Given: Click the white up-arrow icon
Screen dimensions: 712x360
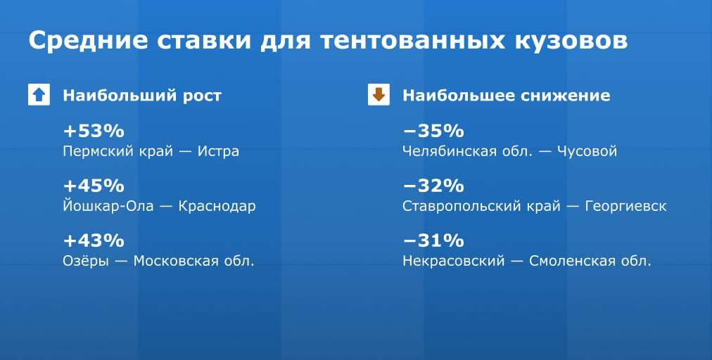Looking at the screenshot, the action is click(x=39, y=95).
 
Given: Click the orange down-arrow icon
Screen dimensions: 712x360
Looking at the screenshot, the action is click(x=379, y=95).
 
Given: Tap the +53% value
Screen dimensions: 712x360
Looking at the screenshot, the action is click(x=94, y=131).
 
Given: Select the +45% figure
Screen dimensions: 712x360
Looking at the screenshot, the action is click(x=94, y=186).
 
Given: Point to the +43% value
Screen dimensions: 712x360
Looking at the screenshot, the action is click(x=94, y=240).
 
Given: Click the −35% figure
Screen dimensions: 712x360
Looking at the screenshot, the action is click(x=433, y=131).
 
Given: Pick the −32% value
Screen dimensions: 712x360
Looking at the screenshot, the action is click(x=433, y=186).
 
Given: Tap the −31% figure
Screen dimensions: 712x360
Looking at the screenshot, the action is click(x=433, y=240).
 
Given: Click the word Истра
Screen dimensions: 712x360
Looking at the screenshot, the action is click(x=218, y=152).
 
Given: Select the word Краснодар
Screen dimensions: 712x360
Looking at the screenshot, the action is click(x=217, y=206).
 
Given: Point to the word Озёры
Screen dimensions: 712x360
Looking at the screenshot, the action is click(x=86, y=261).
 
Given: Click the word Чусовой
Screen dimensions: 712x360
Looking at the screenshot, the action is click(x=587, y=151).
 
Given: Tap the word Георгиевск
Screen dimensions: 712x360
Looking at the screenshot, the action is click(x=625, y=206).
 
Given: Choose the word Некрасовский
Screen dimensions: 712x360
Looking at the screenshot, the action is click(x=454, y=261).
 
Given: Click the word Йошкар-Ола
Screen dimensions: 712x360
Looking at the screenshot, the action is click(x=108, y=205).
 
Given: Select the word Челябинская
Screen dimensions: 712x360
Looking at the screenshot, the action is click(x=450, y=151).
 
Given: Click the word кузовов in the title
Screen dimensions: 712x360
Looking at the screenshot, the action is click(x=571, y=41).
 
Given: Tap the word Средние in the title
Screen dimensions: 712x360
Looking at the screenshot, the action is click(x=88, y=41).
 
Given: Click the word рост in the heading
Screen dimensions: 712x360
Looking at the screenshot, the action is click(x=202, y=96).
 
